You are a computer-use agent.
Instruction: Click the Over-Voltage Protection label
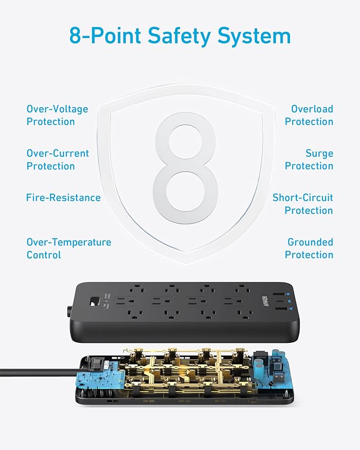(57, 116)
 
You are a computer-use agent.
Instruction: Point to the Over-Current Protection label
(58, 160)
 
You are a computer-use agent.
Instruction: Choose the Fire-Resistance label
(63, 198)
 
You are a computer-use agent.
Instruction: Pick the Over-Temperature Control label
(69, 249)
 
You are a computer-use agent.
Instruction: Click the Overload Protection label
(309, 116)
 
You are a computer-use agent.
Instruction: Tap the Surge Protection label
(309, 160)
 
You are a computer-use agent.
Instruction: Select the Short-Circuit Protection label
(303, 204)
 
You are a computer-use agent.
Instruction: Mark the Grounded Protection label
(309, 249)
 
